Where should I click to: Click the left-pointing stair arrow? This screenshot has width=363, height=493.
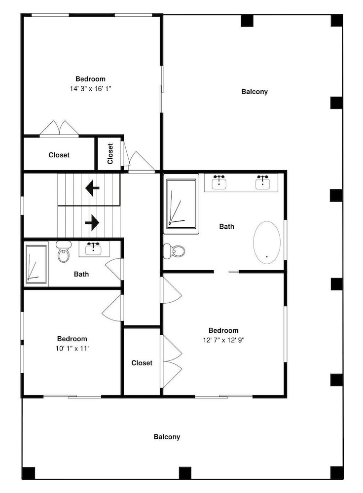pyautogui.click(x=92, y=188)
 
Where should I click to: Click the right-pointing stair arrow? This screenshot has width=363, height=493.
pyautogui.click(x=92, y=223)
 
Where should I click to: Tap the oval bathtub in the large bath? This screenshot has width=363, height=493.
pyautogui.click(x=267, y=243)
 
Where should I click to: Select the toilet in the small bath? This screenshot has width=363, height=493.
pyautogui.click(x=63, y=251)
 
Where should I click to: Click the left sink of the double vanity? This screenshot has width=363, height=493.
pyautogui.click(x=219, y=182)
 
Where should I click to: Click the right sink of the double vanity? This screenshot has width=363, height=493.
pyautogui.click(x=263, y=182)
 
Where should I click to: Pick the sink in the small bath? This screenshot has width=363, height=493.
pyautogui.click(x=93, y=249)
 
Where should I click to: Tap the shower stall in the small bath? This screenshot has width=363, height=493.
pyautogui.click(x=36, y=264)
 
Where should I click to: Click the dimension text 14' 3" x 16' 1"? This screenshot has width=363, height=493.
pyautogui.click(x=91, y=89)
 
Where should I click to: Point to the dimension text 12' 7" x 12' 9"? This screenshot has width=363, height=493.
pyautogui.click(x=223, y=340)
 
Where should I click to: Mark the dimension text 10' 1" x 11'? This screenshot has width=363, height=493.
pyautogui.click(x=73, y=349)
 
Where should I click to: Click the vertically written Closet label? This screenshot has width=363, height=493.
pyautogui.click(x=110, y=154)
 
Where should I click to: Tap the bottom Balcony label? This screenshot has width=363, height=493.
pyautogui.click(x=167, y=437)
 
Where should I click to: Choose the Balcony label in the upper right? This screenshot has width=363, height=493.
pyautogui.click(x=254, y=92)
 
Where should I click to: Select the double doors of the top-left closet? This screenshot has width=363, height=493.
pyautogui.click(x=59, y=128)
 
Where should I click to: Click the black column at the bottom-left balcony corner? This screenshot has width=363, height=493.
pyautogui.click(x=28, y=473)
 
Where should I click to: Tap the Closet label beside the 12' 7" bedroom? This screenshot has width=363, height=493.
pyautogui.click(x=142, y=363)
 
